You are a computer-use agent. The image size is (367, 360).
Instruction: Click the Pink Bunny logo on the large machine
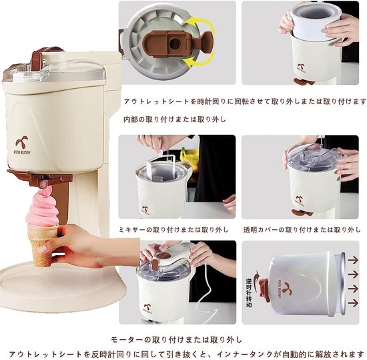click(23, 145)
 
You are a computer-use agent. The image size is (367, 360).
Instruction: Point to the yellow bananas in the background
click(189, 155)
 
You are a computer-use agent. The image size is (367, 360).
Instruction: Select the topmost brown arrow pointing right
click(353, 260)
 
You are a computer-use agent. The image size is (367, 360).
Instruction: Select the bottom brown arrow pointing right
click(353, 303)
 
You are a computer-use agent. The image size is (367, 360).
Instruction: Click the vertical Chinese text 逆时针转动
click(249, 293)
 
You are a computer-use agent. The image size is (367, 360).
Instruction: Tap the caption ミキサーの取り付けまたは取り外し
click(173, 230)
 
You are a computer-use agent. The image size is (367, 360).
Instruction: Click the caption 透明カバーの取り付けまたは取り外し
click(302, 230)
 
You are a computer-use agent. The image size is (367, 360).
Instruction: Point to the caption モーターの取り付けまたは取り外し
click(176, 339)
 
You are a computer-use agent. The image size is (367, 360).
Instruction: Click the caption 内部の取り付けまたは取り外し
click(175, 120)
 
